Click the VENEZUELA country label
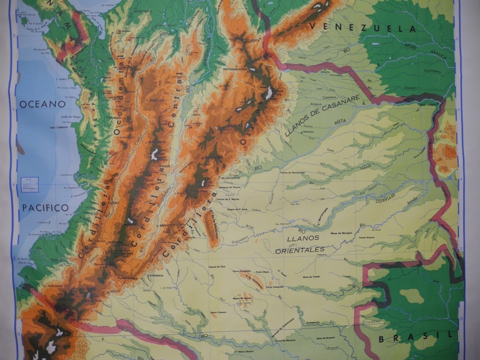coord(362,27)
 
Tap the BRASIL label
coord(415,338)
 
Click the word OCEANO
coord(42,104)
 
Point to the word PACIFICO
coord(46,207)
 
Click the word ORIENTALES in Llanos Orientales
coord(300,250)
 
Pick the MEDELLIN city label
coord(157,100)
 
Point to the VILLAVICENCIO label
coord(231,179)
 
